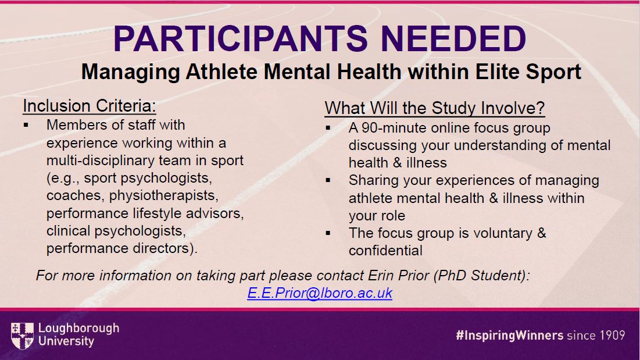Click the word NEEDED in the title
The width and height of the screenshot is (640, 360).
tap(448, 38)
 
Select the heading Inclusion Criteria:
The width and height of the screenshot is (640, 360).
tap(90, 106)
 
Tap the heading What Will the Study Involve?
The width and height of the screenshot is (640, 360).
tap(434, 108)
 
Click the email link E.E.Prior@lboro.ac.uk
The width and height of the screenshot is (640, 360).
tap(320, 293)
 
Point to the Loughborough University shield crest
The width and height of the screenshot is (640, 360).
tap(22, 335)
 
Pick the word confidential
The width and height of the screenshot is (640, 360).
tap(385, 251)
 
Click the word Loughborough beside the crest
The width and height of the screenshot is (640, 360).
tap(78, 329)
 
